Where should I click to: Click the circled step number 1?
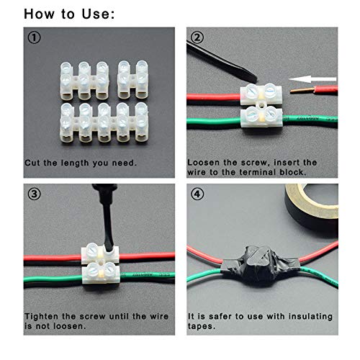point(35,37)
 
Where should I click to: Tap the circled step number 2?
point(197,37)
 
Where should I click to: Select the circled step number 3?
point(35,194)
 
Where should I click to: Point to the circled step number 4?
point(197,194)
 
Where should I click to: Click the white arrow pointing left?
point(312,79)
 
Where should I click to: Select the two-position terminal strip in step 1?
point(132,80)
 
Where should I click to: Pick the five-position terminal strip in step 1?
point(104,122)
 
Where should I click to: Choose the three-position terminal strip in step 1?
point(84,81)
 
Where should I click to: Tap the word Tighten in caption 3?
point(42,316)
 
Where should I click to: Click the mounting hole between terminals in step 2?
point(261,105)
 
